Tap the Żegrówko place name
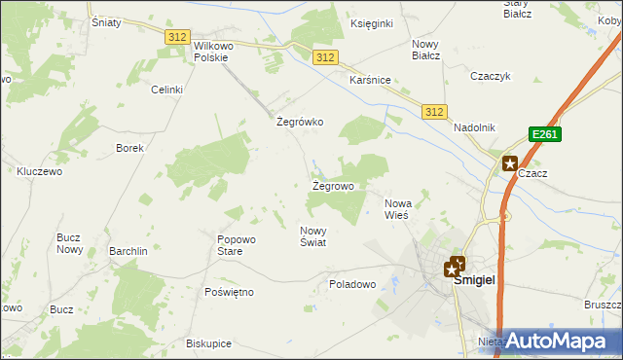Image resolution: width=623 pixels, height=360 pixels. coord(300,123)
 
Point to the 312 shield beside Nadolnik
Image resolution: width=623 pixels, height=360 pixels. coord(434,113)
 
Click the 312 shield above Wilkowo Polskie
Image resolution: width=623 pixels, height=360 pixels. coord(176,37)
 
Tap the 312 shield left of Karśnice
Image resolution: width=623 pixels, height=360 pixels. coord(326,58)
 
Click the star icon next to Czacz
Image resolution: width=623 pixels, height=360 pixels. coord(509,164)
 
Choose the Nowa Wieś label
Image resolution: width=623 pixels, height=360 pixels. coord(398,208)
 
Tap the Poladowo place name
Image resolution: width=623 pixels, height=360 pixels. coord(352,284)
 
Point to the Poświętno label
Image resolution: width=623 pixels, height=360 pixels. coord(230,292)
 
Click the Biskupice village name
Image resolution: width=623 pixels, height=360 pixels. coord(208,343)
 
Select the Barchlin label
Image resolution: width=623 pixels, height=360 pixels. coord(128,251)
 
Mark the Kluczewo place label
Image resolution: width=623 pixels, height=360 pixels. coord(40,171)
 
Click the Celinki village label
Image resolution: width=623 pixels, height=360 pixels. coord(166,90)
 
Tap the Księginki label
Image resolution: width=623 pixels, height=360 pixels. coord(370,22)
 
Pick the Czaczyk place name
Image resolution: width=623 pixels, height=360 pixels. coord(491,76)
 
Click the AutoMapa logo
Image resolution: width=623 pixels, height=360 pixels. coord(556,342)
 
